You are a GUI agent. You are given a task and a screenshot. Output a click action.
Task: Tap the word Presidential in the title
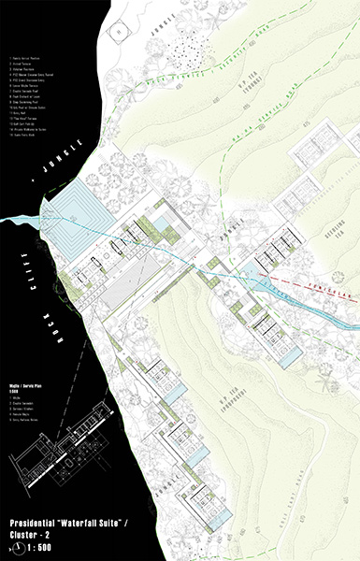(43, 517)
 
